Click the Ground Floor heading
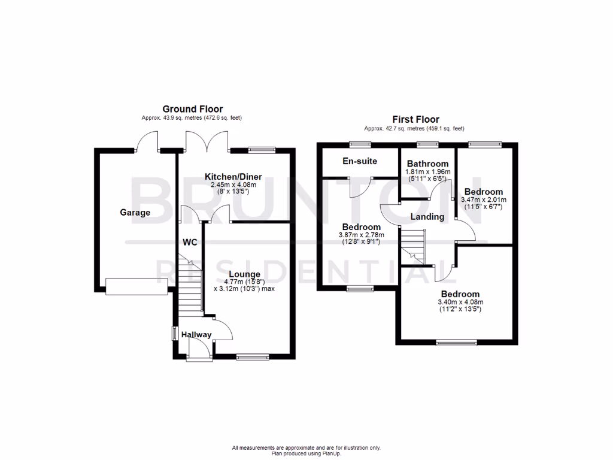point(193,109)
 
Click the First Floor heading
point(415,119)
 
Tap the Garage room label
point(135,213)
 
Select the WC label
point(190,243)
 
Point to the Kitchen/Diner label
point(233,177)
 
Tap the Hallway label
point(197,335)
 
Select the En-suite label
point(360,161)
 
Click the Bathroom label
point(427,164)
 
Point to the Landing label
point(427,217)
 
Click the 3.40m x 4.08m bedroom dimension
point(460,302)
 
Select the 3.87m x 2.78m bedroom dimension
point(361,235)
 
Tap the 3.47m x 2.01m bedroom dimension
point(484,199)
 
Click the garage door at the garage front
point(136,286)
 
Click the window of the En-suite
point(360,144)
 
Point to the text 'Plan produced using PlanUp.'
point(306,453)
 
